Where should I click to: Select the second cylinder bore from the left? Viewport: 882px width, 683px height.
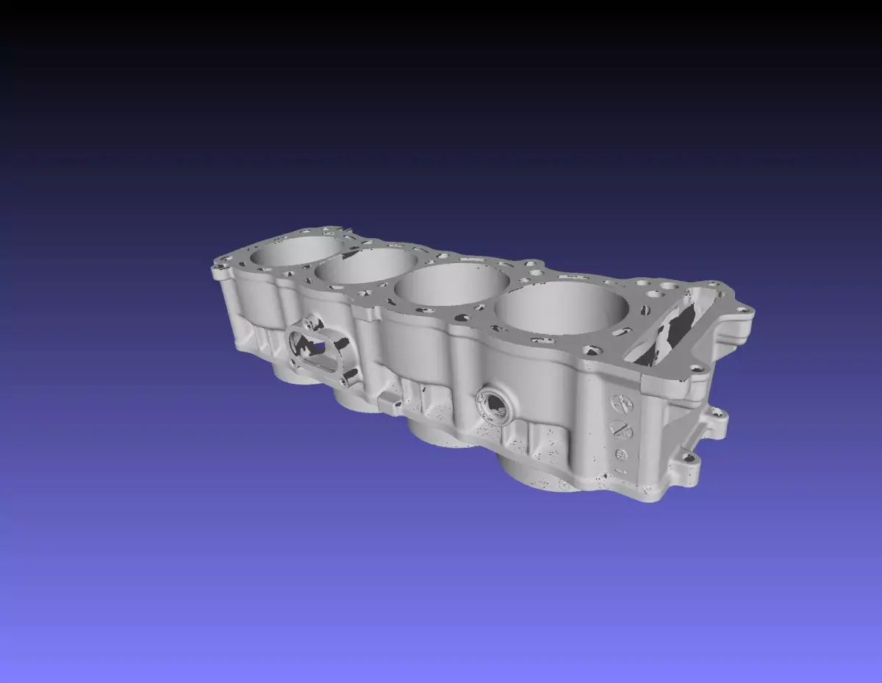click(365, 267)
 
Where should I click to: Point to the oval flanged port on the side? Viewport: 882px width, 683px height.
click(318, 347)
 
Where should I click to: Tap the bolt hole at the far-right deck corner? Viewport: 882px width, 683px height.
click(747, 312)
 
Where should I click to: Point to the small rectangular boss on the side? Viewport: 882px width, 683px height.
click(390, 400)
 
